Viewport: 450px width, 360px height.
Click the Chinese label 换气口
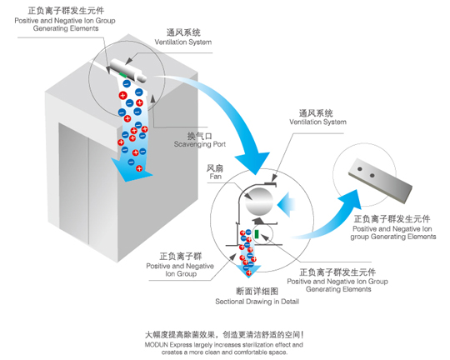200,136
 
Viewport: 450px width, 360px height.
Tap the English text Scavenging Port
200,144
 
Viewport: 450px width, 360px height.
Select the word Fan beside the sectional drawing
215,177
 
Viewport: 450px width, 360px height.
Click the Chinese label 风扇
215,168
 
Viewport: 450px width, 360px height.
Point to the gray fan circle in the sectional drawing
259,202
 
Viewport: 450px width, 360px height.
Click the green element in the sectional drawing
257,234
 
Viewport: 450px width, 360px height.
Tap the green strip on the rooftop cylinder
122,74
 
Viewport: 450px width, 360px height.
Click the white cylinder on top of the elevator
128,70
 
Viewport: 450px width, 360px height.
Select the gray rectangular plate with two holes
381,181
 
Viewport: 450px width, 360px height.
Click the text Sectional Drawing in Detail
257,302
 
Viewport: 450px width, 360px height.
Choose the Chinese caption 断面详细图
257,292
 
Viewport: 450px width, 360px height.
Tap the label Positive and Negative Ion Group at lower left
180,270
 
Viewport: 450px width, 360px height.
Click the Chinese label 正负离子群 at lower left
181,256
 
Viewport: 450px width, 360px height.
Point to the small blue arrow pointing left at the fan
286,204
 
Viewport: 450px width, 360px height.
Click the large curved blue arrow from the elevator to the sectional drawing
227,115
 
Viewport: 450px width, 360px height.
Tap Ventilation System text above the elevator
183,42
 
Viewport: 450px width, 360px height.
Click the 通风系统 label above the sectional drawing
316,113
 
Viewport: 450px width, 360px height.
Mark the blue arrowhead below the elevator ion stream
131,172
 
